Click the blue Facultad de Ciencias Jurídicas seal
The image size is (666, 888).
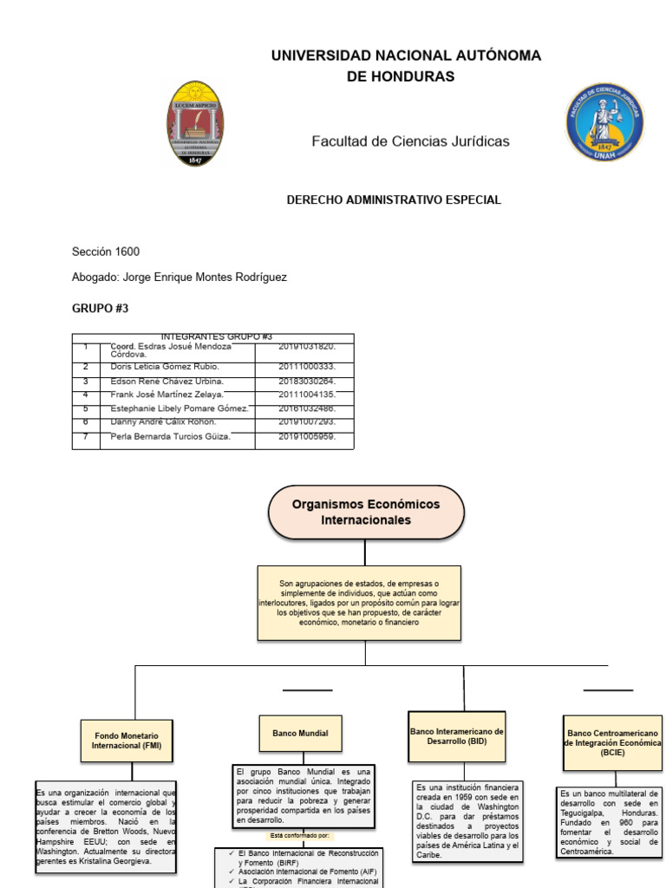604,122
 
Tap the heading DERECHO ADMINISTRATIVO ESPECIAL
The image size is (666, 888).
394,200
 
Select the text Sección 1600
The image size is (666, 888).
106,252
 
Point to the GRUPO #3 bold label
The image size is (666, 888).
100,308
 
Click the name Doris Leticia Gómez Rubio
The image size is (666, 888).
165,367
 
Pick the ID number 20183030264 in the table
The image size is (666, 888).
306,381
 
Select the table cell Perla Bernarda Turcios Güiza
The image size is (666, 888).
171,436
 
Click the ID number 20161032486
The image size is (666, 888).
306,408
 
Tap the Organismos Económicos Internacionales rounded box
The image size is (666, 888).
366,513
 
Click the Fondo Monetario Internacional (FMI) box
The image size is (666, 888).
127,740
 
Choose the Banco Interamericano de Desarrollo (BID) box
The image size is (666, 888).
457,736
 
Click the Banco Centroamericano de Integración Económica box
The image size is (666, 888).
612,743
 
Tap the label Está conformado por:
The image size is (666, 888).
300,836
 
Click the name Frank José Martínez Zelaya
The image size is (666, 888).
167,395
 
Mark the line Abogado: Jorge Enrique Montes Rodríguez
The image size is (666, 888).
179,277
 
